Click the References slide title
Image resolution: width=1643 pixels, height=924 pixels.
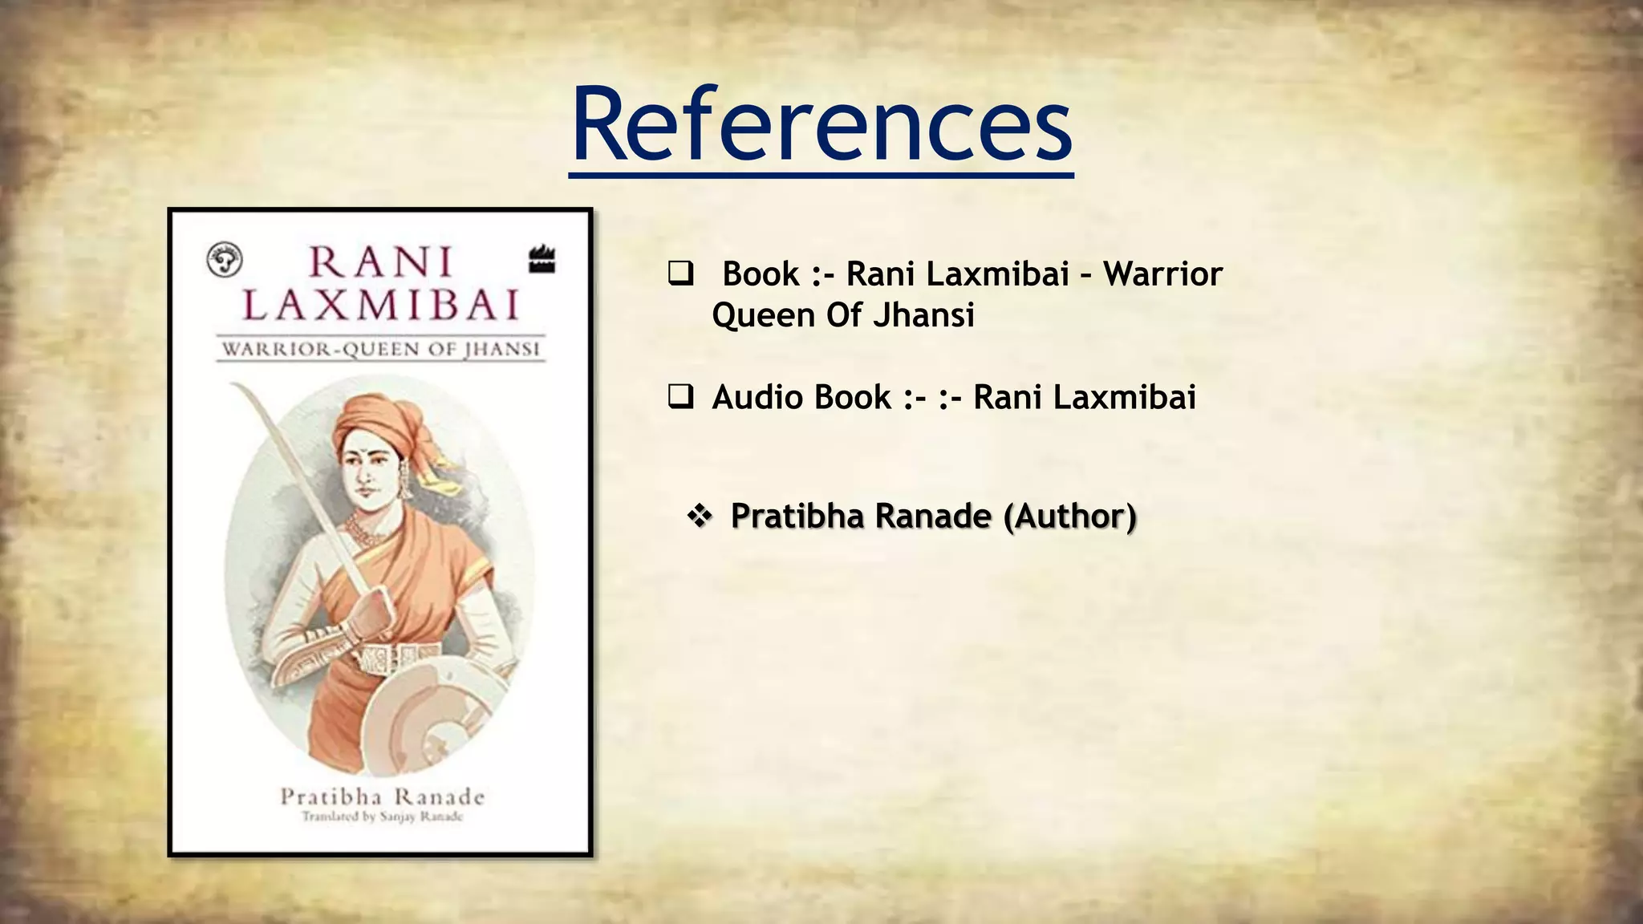821,126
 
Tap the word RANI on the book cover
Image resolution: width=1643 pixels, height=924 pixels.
381,262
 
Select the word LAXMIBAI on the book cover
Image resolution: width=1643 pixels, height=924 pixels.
381,306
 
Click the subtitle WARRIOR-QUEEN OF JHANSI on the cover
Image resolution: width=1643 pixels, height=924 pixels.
380,350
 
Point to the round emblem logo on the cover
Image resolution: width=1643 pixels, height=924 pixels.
225,260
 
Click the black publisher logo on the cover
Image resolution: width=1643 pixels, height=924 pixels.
542,260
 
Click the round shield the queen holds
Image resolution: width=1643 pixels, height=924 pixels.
433,706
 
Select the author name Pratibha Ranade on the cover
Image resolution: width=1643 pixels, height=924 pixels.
382,797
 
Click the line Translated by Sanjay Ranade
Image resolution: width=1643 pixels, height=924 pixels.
382,817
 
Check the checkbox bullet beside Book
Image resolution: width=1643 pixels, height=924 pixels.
680,274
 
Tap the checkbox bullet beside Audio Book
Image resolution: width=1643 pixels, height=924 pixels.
680,397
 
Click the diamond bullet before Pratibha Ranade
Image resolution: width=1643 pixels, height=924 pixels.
700,517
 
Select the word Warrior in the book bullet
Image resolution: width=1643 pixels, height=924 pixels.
1162,274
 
